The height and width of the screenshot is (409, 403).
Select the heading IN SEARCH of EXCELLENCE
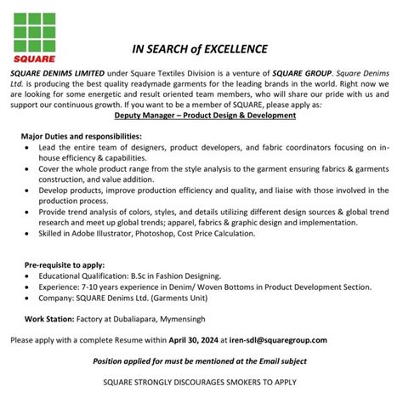tap(201, 48)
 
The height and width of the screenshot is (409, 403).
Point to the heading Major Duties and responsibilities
tap(81, 136)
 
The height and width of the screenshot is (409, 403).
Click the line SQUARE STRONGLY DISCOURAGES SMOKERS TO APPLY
tap(201, 382)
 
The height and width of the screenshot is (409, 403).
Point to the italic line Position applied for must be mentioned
tap(201, 361)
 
